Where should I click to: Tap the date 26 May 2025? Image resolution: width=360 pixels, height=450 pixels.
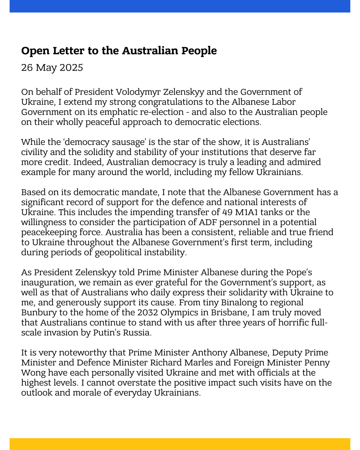click(x=52, y=67)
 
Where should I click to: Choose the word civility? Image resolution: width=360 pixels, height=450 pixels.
click(x=34, y=152)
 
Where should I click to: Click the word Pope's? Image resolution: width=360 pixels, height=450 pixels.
click(x=299, y=272)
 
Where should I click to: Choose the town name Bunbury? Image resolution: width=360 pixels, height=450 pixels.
click(x=37, y=312)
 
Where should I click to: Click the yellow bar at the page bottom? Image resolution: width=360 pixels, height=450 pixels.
click(x=180, y=444)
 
